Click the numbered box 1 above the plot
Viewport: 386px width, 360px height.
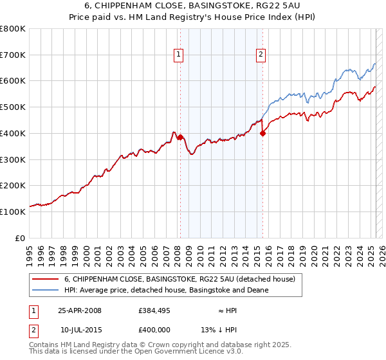[x=178, y=55]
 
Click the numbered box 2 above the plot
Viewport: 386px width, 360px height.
[x=261, y=55]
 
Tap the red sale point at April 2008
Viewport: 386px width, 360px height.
[x=180, y=137]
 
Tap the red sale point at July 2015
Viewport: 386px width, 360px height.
[x=262, y=133]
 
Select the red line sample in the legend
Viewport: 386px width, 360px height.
[x=44, y=279]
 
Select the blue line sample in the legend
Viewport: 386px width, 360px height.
[x=44, y=290]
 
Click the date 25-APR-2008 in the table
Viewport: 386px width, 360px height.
[x=80, y=310]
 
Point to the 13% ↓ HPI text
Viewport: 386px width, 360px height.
[x=219, y=330]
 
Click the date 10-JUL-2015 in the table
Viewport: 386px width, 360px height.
[x=80, y=330]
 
